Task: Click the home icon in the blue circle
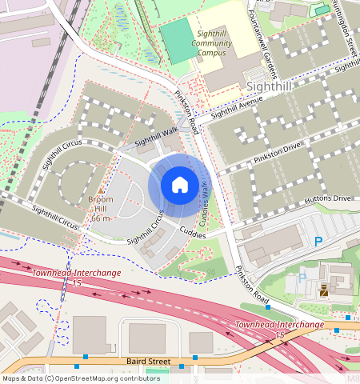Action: pyautogui.click(x=180, y=185)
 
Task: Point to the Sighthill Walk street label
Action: pyautogui.click(x=156, y=137)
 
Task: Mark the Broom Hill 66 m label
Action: pyautogui.click(x=100, y=208)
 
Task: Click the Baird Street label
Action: pyautogui.click(x=150, y=362)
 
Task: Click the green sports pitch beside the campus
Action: pyautogui.click(x=178, y=41)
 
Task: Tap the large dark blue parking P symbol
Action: pyautogui.click(x=318, y=241)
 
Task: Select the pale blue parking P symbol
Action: pyautogui.click(x=302, y=278)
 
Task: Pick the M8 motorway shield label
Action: pyautogui.click(x=353, y=376)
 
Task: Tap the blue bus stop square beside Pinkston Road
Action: pyautogui.click(x=268, y=307)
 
